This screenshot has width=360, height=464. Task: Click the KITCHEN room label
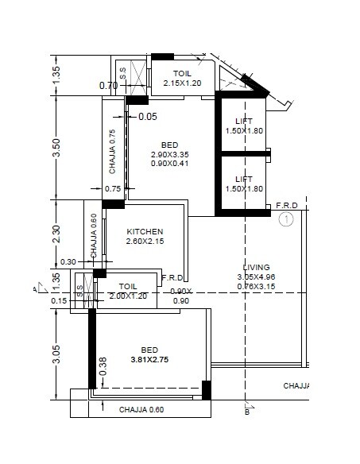pos(145,231)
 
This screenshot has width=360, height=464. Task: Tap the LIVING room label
pos(257,267)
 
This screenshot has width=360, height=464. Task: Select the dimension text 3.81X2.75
pos(150,359)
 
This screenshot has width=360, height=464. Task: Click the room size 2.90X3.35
pos(169,154)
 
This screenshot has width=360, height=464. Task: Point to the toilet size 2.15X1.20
pos(183,83)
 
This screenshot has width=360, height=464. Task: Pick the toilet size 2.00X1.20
pos(128,296)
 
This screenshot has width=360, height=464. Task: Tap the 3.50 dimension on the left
pos(56,149)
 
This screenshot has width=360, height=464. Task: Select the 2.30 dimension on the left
pos(56,234)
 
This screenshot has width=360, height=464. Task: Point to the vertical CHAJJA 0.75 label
pos(113,152)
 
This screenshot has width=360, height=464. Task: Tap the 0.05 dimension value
pos(148,117)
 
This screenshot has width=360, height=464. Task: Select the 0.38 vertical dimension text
pos(103,365)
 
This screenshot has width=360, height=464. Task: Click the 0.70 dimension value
pos(108,86)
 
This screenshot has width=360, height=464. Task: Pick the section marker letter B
pos(247,412)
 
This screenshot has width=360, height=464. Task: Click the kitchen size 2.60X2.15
pos(145,242)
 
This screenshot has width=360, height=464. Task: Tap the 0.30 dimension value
pos(68,261)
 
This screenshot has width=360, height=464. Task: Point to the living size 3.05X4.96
pos(257,276)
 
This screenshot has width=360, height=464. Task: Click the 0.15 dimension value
pos(59,300)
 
